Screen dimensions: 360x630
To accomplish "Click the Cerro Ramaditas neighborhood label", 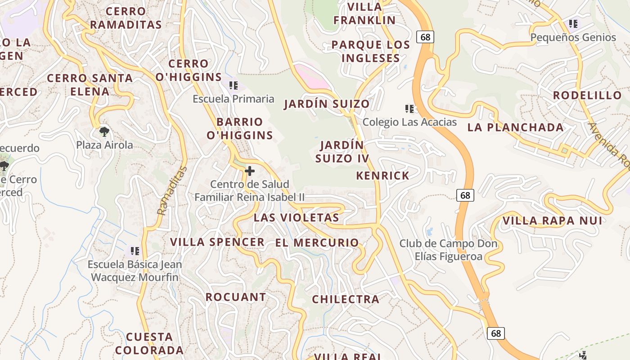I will click(126, 18).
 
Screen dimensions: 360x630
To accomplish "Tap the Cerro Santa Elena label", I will click(90, 85).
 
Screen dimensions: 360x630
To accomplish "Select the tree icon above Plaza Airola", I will click(104, 132).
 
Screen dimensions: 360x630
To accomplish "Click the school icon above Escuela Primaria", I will click(233, 85).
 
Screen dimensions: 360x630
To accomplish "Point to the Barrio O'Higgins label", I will click(240, 128).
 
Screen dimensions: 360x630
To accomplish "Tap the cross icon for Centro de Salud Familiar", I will click(250, 171).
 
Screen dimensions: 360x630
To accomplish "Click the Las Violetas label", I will click(296, 218).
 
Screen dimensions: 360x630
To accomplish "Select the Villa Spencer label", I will click(217, 242).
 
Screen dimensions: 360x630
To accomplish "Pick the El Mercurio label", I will click(317, 243).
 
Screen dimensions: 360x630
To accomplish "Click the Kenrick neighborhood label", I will click(383, 175).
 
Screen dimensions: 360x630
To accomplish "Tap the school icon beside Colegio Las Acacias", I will click(409, 108).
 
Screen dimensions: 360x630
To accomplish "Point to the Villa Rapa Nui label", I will click(552, 220).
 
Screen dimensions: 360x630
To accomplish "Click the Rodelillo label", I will click(587, 95).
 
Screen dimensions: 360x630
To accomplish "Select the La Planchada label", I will click(515, 127).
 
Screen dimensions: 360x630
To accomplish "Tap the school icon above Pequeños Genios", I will click(573, 24).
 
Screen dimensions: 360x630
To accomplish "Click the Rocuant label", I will click(236, 297).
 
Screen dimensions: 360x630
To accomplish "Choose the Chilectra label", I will click(346, 299).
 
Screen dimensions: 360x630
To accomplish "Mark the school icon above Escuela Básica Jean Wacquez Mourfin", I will click(135, 251).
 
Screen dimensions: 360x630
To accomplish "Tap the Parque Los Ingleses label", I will click(371, 51).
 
